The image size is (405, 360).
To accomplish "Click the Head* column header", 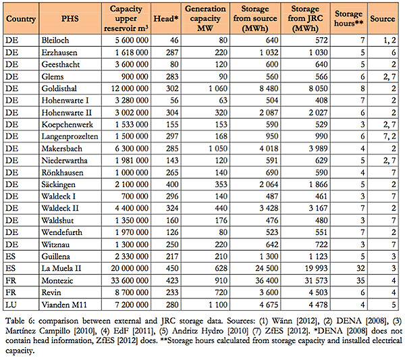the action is click(166, 19).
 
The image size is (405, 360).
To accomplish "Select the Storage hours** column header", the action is click(348, 18).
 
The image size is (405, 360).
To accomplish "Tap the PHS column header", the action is click(70, 19).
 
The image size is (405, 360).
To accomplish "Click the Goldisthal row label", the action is click(59, 88).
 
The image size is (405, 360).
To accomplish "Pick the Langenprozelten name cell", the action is click(70, 136).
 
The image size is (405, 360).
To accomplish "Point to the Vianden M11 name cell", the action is click(64, 305).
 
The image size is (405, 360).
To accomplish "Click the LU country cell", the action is click(11, 305).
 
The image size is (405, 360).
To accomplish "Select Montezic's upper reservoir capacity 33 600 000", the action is click(130, 281).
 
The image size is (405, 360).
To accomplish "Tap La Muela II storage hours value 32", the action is click(360, 269).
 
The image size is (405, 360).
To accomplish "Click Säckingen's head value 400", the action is click(172, 184).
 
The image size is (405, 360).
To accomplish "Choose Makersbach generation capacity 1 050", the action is click(218, 149).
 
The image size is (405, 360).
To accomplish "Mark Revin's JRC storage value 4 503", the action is click(318, 292).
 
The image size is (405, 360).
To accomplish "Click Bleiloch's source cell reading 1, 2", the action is click(389, 41).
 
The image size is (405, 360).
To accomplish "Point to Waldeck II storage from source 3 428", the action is click(269, 208).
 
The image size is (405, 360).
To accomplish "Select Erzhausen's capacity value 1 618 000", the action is click(132, 53).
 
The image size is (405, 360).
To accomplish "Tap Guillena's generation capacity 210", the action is click(221, 257).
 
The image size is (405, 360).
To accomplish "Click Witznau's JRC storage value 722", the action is click(321, 245).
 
